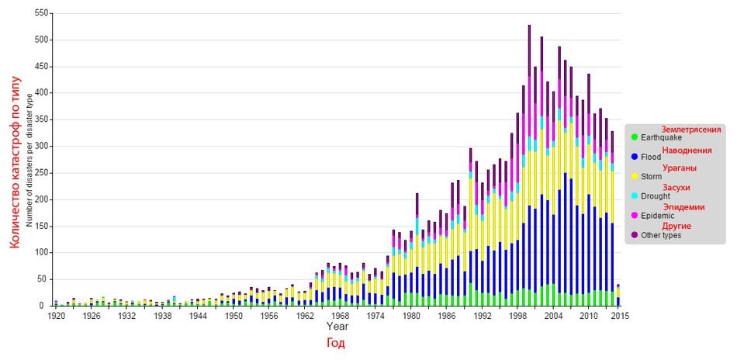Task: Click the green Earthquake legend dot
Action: (634, 137)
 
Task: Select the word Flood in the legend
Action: (651, 157)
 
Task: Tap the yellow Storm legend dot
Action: (634, 176)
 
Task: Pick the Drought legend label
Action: (656, 196)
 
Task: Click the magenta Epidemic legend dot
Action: (634, 215)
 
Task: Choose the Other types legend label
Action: (661, 235)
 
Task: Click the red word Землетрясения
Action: (691, 130)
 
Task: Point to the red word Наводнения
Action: (687, 151)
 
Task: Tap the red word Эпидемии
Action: (684, 207)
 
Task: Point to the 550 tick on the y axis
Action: (43, 13)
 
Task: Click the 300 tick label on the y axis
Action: (43, 146)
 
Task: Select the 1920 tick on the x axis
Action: (56, 315)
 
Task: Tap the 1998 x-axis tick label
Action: (517, 315)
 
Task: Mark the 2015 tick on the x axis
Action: (620, 315)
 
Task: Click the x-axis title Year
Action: (336, 325)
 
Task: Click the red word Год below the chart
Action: (336, 343)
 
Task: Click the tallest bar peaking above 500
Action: (529, 165)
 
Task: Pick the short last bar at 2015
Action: (618, 295)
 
